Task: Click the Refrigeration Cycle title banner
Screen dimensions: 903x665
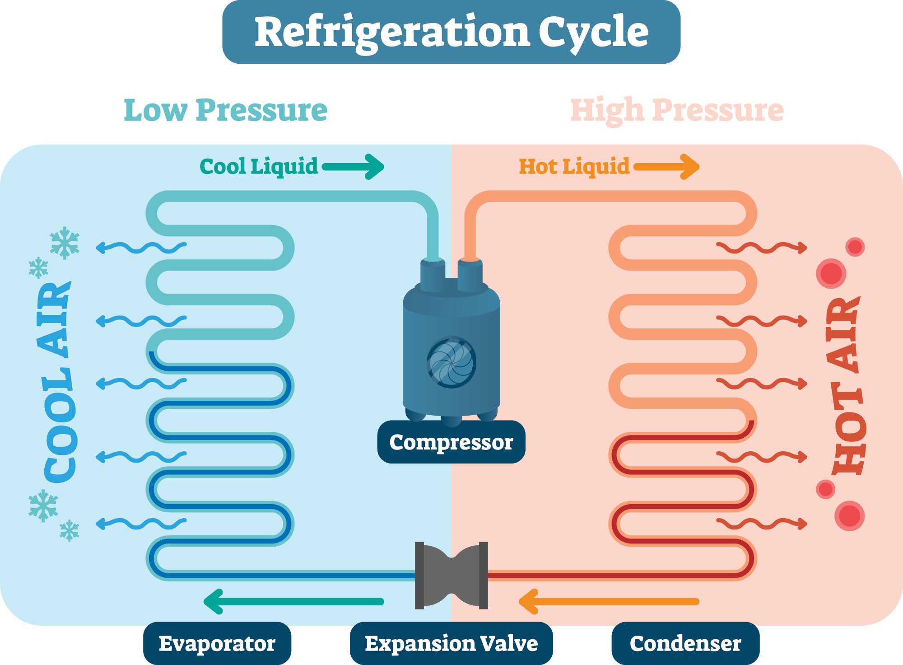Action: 451,32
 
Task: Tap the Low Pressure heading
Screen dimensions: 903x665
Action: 225,111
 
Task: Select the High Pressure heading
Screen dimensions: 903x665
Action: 677,111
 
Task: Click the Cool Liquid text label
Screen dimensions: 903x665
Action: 259,167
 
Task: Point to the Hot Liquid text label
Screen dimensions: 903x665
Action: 574,167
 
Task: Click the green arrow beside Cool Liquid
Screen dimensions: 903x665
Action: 353,167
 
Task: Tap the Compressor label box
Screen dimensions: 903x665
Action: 451,442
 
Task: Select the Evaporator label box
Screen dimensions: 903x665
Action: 217,643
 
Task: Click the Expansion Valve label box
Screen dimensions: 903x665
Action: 451,643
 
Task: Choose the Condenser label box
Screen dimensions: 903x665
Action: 685,643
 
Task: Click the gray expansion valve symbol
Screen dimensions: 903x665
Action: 451,576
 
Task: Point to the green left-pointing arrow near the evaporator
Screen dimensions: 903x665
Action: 293,602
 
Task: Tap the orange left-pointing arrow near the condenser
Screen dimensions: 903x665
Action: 609,602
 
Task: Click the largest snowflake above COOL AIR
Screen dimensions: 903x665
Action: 65,243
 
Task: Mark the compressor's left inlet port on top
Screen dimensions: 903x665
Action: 433,275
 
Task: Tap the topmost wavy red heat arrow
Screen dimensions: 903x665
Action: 762,248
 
